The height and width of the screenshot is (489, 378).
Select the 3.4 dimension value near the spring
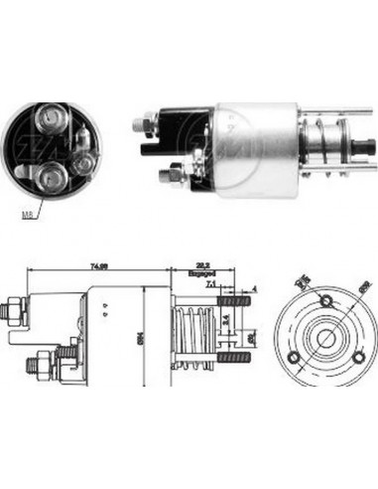click(224, 321)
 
